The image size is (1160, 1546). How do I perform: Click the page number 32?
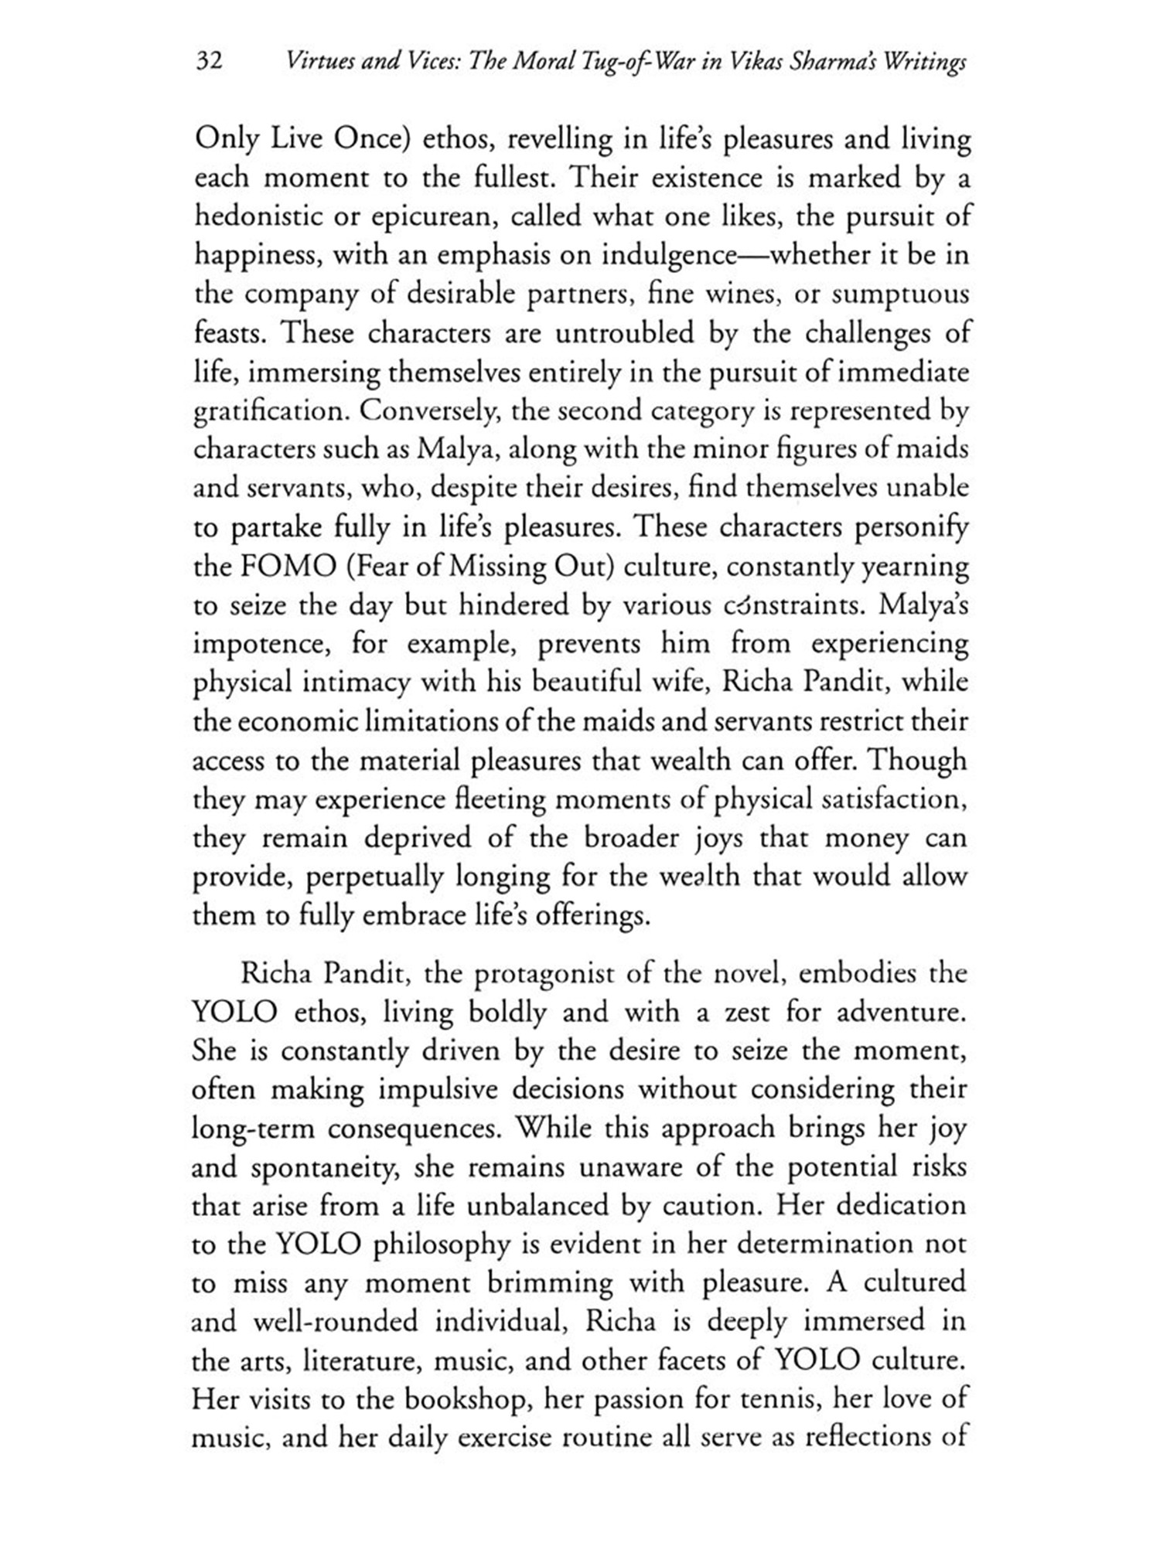click(x=210, y=61)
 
